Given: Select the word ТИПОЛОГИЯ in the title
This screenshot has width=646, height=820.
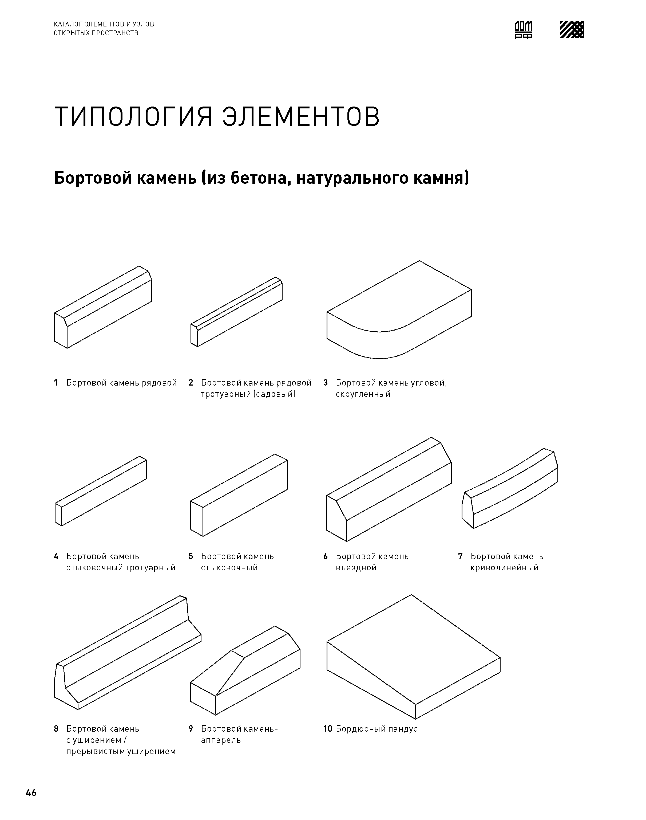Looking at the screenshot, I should coord(133,117).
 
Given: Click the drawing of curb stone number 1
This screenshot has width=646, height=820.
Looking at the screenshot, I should coord(103,307).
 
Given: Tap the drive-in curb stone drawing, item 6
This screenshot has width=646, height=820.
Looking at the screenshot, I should coord(389,490).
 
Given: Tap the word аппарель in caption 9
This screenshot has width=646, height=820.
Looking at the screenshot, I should coord(220,740).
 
